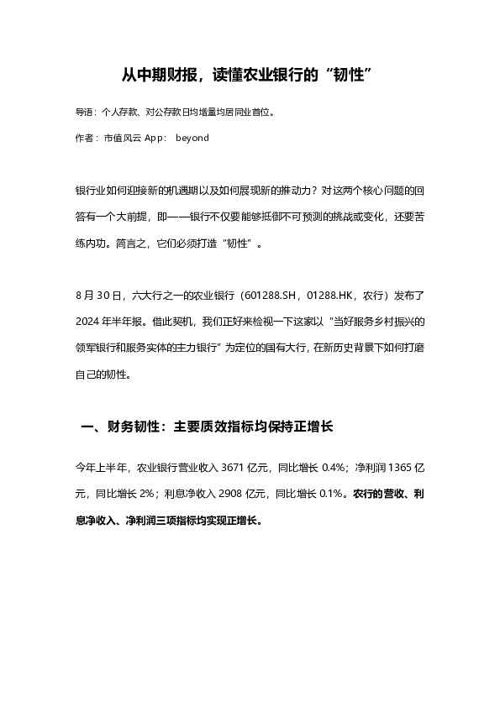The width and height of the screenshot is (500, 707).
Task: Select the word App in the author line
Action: point(155,137)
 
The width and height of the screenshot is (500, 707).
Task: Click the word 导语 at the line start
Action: point(84,111)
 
